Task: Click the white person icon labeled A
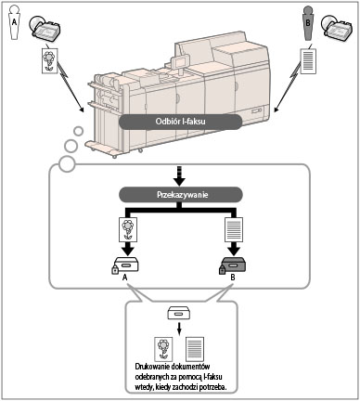[14, 22]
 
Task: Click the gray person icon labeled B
[307, 23]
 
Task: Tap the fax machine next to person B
[337, 29]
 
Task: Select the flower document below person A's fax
[50, 60]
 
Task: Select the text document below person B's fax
[308, 60]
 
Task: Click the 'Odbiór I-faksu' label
[180, 122]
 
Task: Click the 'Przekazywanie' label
[181, 195]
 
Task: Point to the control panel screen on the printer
[181, 61]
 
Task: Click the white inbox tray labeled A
[127, 265]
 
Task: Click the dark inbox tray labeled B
[235, 265]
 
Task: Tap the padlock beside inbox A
[115, 269]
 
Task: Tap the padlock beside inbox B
[223, 269]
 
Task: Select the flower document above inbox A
[128, 229]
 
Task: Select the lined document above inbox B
[234, 229]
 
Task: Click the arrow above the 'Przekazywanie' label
[181, 176]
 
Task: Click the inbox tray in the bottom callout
[179, 314]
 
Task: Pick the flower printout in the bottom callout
[163, 349]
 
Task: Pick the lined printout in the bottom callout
[195, 349]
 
